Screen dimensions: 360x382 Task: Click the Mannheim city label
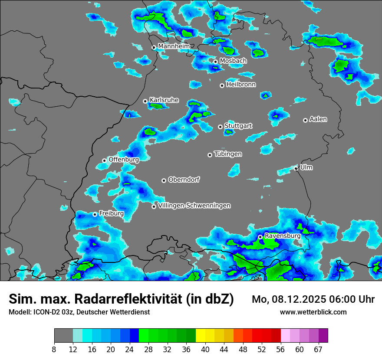point(174,46)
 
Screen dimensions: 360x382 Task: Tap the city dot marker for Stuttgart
point(220,127)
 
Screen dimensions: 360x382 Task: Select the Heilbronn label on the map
point(241,85)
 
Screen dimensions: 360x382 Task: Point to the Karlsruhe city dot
point(145,101)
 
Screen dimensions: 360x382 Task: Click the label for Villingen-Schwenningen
point(194,206)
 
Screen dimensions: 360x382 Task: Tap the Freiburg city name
point(111,213)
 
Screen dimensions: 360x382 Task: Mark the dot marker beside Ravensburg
point(260,237)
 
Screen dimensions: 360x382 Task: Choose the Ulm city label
point(306,167)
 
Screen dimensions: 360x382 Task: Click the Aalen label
point(318,119)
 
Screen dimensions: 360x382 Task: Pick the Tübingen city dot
point(210,155)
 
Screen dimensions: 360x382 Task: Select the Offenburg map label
point(124,160)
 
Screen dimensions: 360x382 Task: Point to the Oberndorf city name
point(184,180)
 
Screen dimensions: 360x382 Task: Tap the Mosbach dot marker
point(215,62)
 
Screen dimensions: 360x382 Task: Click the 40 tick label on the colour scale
point(205,350)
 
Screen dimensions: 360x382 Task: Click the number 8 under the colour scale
point(54,350)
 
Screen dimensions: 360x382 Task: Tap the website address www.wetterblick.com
point(313,312)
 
